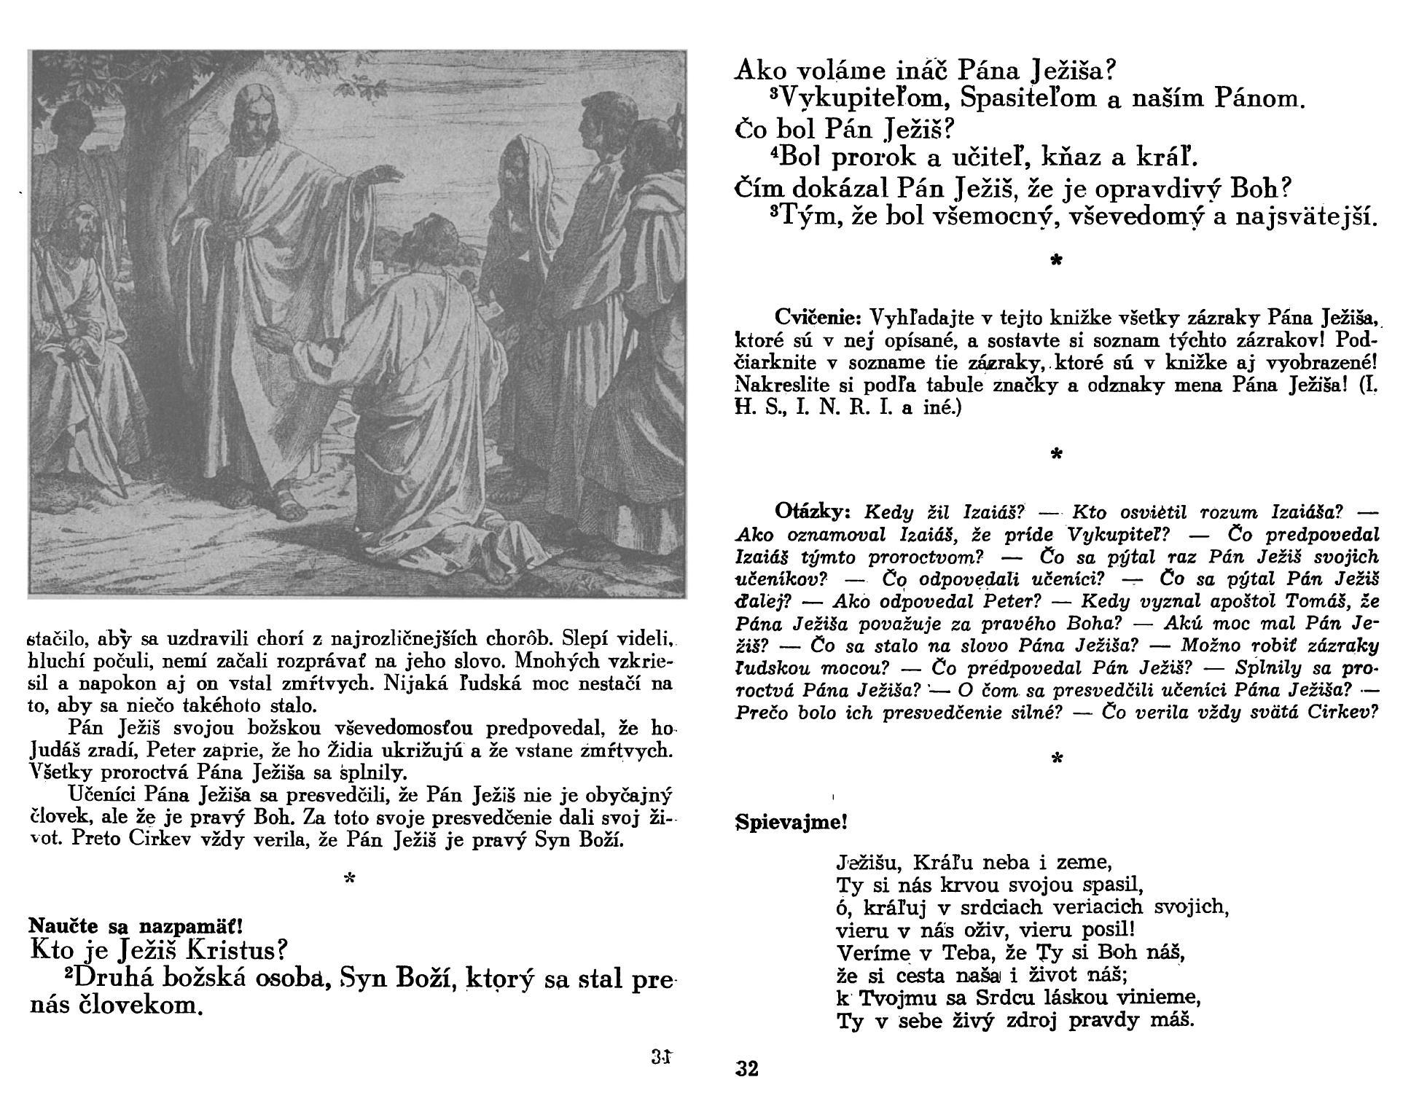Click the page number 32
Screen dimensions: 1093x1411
click(747, 1069)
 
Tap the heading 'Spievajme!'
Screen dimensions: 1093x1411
click(792, 823)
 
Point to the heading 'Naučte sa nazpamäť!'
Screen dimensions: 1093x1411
click(135, 927)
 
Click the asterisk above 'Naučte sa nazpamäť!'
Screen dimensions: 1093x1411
click(350, 880)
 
